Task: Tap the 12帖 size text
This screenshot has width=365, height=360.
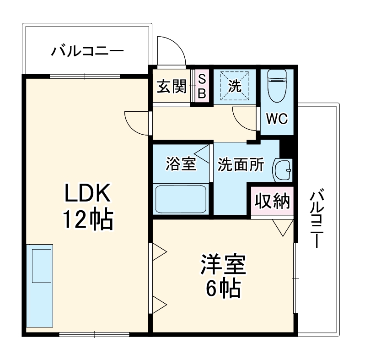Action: point(87,220)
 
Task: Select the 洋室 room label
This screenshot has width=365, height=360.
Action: point(223,265)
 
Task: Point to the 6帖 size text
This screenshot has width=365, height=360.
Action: point(223,289)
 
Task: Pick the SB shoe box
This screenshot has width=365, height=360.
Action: point(202,87)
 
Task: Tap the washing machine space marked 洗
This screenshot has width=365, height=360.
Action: point(235,86)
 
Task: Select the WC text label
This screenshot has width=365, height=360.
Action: point(277,120)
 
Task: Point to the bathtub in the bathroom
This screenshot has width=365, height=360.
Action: point(182,198)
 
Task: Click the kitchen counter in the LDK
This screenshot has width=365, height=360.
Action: point(40,284)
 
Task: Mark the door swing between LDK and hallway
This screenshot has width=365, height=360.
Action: point(137,122)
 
